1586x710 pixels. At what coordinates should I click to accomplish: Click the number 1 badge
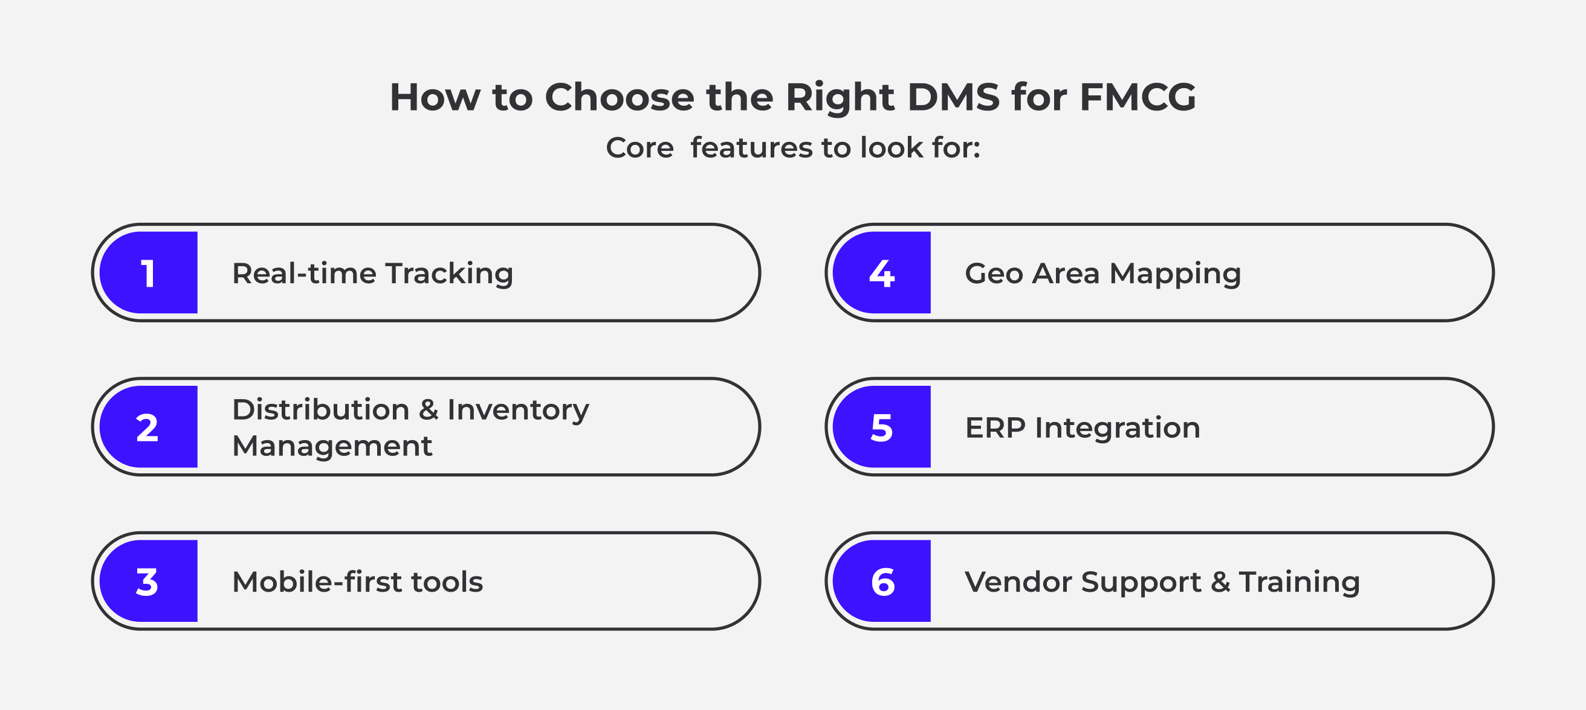[x=148, y=272]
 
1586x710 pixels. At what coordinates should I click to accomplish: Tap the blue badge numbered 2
[x=148, y=427]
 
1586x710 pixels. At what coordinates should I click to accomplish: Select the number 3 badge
[x=148, y=581]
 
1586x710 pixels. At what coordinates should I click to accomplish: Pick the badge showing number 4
[x=882, y=272]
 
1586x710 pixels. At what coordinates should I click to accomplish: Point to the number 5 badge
[x=882, y=427]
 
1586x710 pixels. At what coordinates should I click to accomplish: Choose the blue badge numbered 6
[x=882, y=581]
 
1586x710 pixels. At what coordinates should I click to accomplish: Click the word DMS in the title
[x=954, y=97]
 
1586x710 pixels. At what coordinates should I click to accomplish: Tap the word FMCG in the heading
[x=1138, y=97]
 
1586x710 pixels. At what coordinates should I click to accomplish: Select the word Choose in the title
[x=620, y=97]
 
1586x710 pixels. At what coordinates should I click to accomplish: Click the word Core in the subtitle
[x=639, y=148]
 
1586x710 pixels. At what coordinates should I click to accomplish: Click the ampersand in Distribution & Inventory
[x=429, y=410]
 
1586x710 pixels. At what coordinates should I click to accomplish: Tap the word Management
[x=332, y=447]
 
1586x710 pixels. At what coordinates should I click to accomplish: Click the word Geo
[x=994, y=273]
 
